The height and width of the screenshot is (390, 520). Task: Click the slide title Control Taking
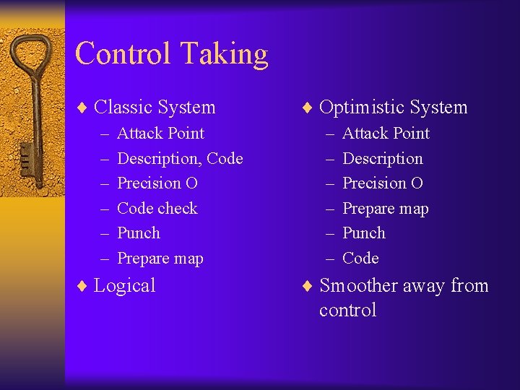click(x=171, y=54)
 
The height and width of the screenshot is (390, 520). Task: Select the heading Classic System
click(x=155, y=108)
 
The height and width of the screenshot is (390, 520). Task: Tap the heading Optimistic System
click(x=393, y=108)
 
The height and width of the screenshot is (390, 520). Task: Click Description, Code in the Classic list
click(x=179, y=159)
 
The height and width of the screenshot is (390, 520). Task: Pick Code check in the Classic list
click(x=157, y=209)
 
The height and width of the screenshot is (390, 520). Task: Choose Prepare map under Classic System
click(x=160, y=259)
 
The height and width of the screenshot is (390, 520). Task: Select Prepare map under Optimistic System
click(x=385, y=209)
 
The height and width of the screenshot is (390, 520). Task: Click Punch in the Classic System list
click(x=138, y=233)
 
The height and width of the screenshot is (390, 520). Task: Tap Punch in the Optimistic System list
click(x=363, y=233)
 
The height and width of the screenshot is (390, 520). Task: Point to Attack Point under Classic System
click(x=160, y=134)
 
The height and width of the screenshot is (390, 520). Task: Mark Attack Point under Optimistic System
click(x=386, y=134)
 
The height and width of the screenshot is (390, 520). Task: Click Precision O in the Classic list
click(x=157, y=183)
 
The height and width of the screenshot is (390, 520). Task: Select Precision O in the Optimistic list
click(x=382, y=183)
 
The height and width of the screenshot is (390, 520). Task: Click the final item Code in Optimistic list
click(x=360, y=259)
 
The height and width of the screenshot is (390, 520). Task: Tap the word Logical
click(x=124, y=286)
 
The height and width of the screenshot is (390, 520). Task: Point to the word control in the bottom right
click(x=347, y=311)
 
